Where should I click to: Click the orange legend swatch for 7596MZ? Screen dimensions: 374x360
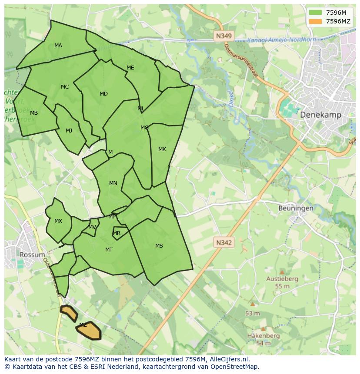tap(316, 21)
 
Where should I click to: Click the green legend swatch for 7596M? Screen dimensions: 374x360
tap(316, 13)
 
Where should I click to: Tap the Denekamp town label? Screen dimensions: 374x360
tap(320, 115)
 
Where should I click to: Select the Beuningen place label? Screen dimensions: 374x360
tap(296, 208)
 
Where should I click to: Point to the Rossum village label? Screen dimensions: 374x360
tap(32, 255)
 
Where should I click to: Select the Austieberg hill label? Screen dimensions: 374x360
tap(282, 278)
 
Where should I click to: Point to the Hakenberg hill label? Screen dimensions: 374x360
tap(263, 336)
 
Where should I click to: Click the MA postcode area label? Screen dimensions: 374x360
tap(58, 46)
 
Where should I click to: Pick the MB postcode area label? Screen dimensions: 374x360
tap(34, 113)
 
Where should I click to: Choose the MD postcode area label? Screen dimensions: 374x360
tap(103, 94)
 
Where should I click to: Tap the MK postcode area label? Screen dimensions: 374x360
tap(162, 149)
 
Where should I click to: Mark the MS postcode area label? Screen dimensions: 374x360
tap(159, 246)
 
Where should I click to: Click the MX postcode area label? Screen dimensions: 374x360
tap(58, 221)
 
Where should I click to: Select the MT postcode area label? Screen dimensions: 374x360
tap(109, 250)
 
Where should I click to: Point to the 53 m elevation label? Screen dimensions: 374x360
tap(253, 313)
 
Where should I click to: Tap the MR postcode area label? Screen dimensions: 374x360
tap(117, 233)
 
